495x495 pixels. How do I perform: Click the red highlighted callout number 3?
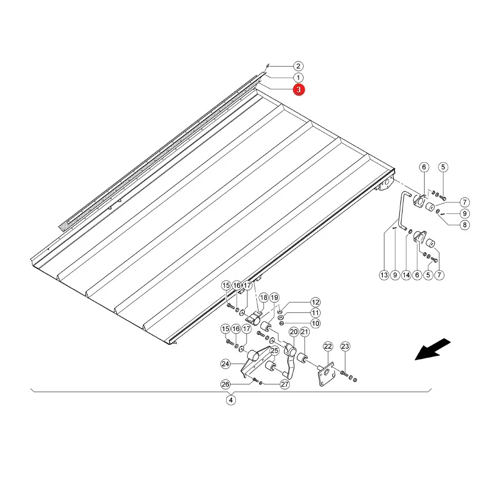point(299,90)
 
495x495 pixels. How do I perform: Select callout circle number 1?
point(298,78)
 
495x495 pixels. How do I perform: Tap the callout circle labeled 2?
point(298,67)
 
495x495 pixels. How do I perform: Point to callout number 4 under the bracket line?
point(231,400)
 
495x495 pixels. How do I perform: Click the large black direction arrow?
point(432,349)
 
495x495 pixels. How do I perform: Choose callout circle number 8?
point(465,225)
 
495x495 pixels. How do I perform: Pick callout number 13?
point(384,275)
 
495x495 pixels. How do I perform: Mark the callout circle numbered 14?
point(406,275)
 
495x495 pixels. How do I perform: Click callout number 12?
point(315,302)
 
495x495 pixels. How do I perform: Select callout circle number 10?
point(315,323)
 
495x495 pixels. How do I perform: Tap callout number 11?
point(315,313)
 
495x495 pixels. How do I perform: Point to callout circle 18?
point(263,298)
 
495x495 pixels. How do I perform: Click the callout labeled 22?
point(328,346)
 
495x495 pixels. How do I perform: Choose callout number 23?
point(345,346)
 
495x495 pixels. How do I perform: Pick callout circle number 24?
point(225,364)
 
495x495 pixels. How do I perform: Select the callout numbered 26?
point(225,384)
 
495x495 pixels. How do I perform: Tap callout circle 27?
point(285,384)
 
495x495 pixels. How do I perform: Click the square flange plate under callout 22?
point(326,375)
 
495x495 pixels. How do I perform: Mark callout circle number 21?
point(304,332)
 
